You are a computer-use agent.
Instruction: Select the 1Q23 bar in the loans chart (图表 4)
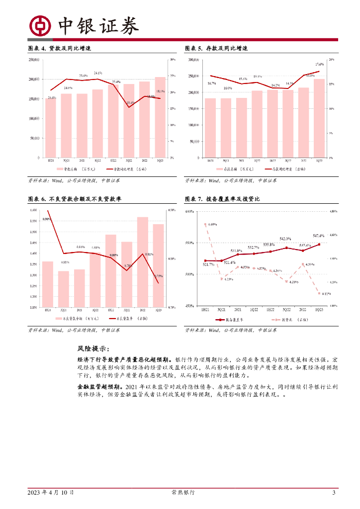click(160, 117)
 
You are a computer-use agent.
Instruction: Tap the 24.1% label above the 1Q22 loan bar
click(98, 73)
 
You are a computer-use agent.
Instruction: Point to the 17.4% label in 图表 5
click(319, 64)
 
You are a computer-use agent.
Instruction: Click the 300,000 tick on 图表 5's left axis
click(192, 60)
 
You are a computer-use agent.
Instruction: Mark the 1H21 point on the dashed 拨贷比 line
click(205, 224)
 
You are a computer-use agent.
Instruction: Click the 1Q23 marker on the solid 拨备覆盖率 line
click(319, 244)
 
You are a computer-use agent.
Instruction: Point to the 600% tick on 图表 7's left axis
click(189, 212)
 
